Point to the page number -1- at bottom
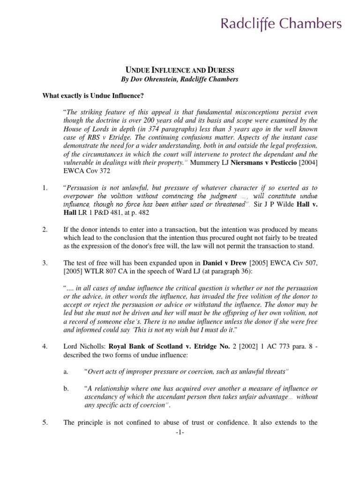[180, 432]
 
